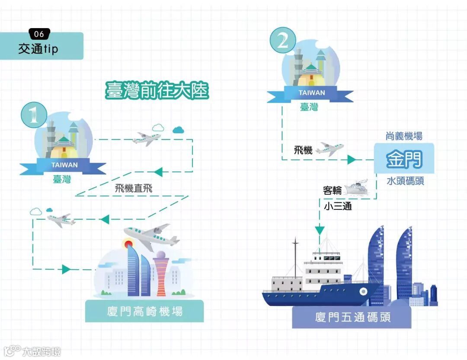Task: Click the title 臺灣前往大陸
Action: click(157, 90)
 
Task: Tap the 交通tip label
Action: click(38, 49)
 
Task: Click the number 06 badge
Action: click(39, 34)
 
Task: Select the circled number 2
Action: click(283, 41)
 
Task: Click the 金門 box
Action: click(404, 159)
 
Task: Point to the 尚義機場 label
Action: click(404, 136)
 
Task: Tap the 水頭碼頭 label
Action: click(405, 181)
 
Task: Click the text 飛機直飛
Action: click(134, 188)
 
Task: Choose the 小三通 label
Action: click(338, 206)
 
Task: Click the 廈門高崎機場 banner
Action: click(144, 311)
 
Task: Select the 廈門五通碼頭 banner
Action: click(353, 317)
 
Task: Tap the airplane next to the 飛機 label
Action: click(329, 149)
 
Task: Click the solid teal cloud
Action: click(178, 129)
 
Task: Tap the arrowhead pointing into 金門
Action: click(352, 160)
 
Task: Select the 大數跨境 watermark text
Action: click(42, 350)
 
